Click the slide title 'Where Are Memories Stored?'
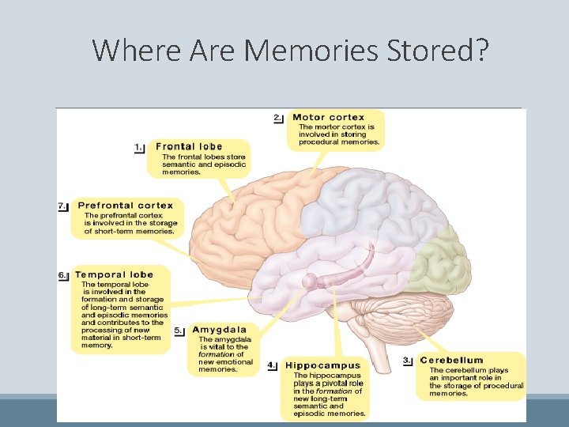(x=291, y=51)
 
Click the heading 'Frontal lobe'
(x=189, y=146)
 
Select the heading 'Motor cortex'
(x=328, y=118)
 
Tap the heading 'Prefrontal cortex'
(x=125, y=206)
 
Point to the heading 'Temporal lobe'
(x=114, y=275)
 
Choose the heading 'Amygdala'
(x=219, y=330)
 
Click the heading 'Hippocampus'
(x=322, y=365)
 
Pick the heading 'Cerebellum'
(x=451, y=361)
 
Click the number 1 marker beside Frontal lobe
(x=140, y=147)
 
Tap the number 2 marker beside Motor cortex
(x=278, y=119)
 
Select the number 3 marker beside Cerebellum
(x=408, y=361)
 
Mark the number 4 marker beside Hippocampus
(x=272, y=365)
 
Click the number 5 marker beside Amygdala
(x=179, y=331)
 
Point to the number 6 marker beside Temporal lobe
(x=63, y=275)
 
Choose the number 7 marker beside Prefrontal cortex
(x=63, y=206)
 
